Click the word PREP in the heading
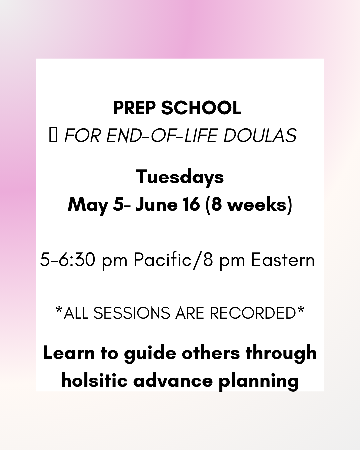tap(134, 108)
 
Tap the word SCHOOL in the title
tap(201, 108)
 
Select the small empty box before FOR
tap(53, 136)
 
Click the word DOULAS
tap(260, 136)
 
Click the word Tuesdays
tap(180, 177)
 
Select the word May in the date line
tap(88, 204)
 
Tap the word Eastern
tap(283, 260)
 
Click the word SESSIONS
tap(132, 313)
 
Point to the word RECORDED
tap(253, 313)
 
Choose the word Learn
tap(69, 353)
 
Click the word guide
tap(150, 353)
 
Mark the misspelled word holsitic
tap(94, 381)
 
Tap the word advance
tap(173, 381)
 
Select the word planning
tap(259, 381)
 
